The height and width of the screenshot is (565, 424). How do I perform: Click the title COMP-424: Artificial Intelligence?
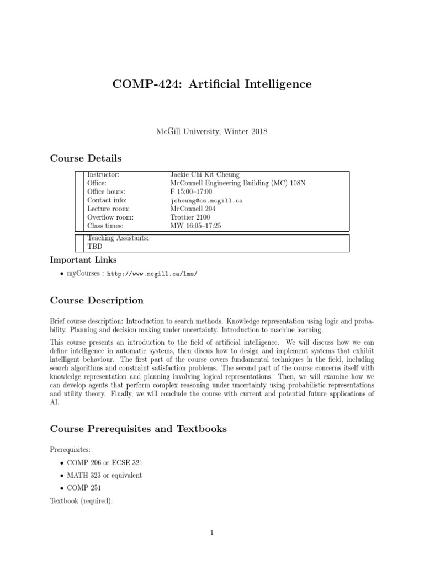tap(212, 84)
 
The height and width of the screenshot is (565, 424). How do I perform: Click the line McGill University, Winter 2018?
tap(212, 132)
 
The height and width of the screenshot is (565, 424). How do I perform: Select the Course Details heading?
tap(86, 158)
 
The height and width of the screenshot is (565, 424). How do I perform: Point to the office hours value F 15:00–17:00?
tap(192, 192)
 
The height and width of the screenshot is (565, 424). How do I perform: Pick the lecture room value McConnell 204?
tap(193, 209)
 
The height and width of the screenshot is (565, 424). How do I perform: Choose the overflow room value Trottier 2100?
tap(190, 217)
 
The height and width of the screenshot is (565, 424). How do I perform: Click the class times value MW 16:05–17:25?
tap(196, 226)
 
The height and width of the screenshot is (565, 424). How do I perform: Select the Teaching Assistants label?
tap(118, 238)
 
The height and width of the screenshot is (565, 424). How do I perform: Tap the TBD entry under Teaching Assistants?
tap(95, 247)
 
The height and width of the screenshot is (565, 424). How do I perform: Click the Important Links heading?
tap(83, 259)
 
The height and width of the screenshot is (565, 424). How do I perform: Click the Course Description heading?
tap(97, 301)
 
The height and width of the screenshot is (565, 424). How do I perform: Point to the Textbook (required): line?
tap(81, 500)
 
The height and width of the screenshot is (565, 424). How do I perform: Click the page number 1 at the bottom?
tap(212, 532)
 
